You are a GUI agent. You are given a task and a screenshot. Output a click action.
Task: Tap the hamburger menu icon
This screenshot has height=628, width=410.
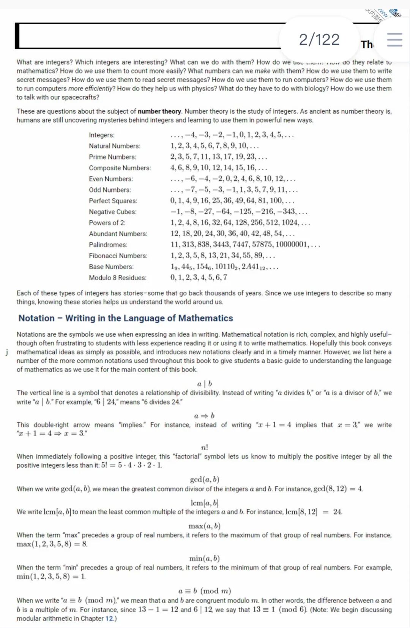click(x=394, y=40)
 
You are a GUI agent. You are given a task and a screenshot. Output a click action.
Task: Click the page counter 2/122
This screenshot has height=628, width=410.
click(x=319, y=40)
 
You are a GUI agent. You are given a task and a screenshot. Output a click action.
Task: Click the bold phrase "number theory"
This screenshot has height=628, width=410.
click(x=159, y=111)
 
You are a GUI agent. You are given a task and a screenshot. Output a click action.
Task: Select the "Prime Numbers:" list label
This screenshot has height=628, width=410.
click(x=112, y=157)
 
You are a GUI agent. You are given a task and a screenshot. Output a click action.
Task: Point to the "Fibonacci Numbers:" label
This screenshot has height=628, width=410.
click(x=118, y=256)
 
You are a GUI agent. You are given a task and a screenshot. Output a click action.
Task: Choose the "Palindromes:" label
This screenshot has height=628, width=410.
click(x=108, y=245)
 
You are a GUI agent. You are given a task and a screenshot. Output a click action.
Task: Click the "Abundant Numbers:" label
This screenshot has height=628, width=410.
click(x=118, y=234)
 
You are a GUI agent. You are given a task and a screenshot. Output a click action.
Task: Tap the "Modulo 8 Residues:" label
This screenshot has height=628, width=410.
click(x=117, y=278)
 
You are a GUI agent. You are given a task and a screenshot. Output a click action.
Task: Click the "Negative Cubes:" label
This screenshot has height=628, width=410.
click(x=112, y=212)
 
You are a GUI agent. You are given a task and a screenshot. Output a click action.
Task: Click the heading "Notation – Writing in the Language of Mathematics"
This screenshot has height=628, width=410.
click(x=126, y=318)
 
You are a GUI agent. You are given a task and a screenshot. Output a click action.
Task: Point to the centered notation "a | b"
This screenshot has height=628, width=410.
click(x=205, y=384)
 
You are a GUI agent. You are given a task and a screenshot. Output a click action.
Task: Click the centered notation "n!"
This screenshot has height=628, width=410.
click(x=205, y=448)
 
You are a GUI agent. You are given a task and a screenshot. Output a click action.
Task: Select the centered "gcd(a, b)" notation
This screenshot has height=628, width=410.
click(x=205, y=479)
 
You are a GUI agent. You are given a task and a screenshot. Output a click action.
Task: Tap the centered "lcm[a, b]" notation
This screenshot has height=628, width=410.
click(x=205, y=503)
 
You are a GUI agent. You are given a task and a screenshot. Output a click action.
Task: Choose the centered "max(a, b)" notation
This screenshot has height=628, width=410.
click(x=205, y=526)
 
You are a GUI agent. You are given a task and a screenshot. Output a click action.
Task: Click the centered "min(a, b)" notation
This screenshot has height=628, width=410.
click(x=205, y=558)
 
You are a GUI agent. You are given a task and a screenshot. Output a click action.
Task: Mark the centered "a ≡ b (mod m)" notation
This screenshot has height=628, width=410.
click(x=205, y=591)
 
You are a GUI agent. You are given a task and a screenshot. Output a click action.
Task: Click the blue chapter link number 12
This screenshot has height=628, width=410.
click(x=109, y=619)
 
